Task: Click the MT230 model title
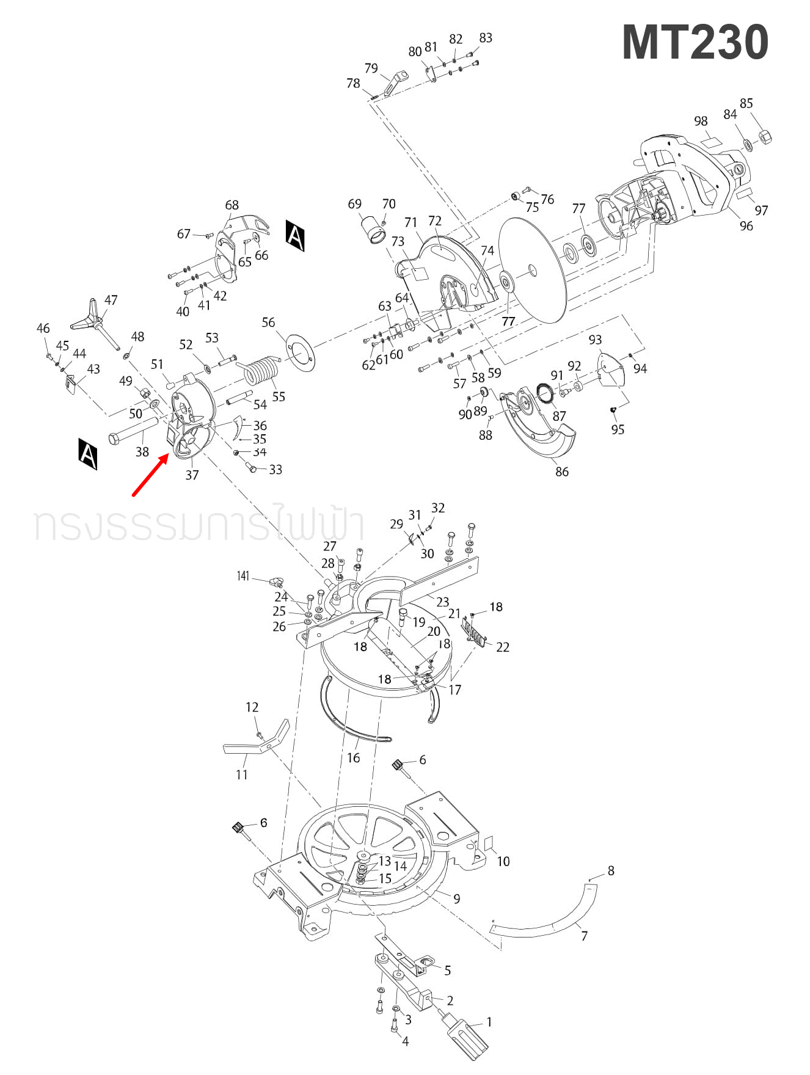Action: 695,42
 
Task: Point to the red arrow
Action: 151,475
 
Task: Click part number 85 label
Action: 746,103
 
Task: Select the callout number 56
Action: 268,322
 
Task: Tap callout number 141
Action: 243,576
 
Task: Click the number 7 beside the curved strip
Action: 584,936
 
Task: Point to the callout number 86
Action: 561,472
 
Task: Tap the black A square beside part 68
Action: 295,236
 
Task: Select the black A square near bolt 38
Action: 88,453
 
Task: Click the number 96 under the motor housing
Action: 746,225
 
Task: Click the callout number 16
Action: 353,757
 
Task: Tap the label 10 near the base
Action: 503,861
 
